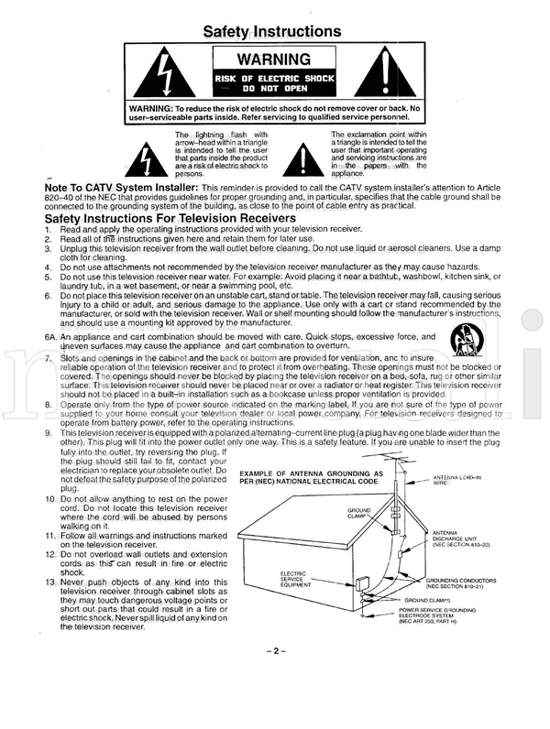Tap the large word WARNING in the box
[273, 61]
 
